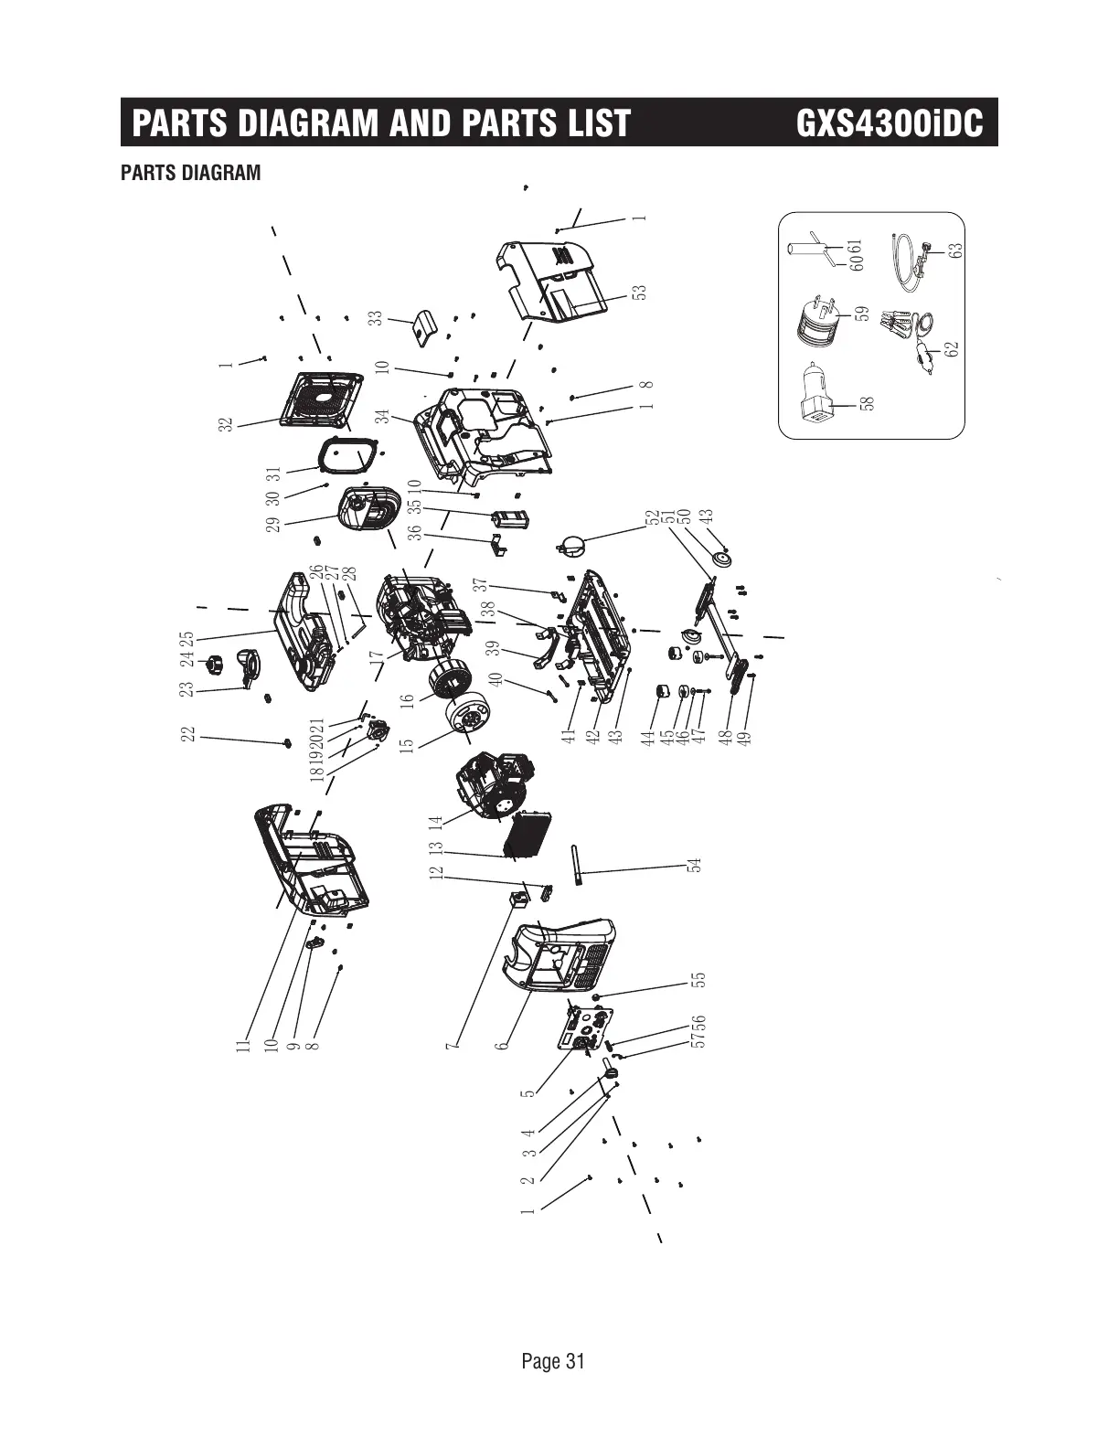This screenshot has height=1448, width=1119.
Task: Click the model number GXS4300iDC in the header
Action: (890, 123)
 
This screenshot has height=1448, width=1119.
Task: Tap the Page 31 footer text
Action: (552, 1361)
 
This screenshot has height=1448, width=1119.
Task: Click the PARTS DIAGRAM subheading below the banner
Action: (190, 173)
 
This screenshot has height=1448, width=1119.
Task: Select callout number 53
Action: (640, 292)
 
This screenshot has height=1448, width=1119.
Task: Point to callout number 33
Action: (375, 317)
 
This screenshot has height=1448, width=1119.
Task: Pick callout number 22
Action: (188, 734)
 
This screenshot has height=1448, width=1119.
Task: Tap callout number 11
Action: (243, 1043)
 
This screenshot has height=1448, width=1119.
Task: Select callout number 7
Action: (452, 1043)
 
